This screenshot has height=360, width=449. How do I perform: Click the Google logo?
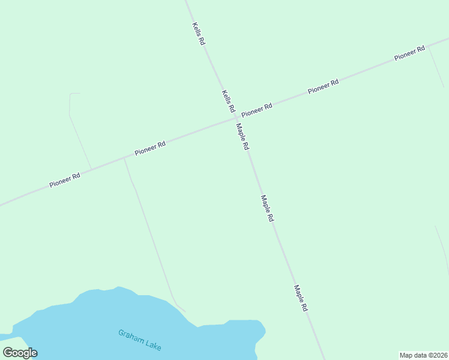pyautogui.click(x=20, y=353)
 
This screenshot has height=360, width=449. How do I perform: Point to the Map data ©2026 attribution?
pyautogui.click(x=423, y=355)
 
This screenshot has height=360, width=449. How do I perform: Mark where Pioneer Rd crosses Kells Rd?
pyautogui.click(x=235, y=119)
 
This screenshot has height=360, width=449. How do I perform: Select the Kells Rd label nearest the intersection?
pyautogui.click(x=228, y=101)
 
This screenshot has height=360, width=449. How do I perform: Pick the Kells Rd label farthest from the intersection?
pyautogui.click(x=199, y=34)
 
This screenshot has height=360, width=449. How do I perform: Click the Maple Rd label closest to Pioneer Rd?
pyautogui.click(x=243, y=137)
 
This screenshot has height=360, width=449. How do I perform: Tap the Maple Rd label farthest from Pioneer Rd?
pyautogui.click(x=301, y=298)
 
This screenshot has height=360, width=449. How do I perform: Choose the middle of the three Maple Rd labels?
pyautogui.click(x=267, y=209)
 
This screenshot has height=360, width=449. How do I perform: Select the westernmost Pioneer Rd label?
pyautogui.click(x=65, y=180)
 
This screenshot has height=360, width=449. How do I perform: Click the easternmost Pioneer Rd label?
pyautogui.click(x=409, y=53)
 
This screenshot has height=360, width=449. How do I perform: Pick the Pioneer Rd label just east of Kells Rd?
pyautogui.click(x=257, y=110)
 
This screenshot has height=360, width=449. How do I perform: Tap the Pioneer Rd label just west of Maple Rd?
pyautogui.click(x=150, y=148)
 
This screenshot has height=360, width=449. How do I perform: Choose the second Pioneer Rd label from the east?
pyautogui.click(x=324, y=86)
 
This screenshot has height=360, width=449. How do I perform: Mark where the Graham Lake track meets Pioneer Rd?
pyautogui.click(x=124, y=159)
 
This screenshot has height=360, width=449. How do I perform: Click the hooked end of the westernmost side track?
pyautogui.click(x=74, y=94)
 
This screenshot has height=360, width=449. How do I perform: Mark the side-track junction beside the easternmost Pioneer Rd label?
pyautogui.click(x=428, y=46)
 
